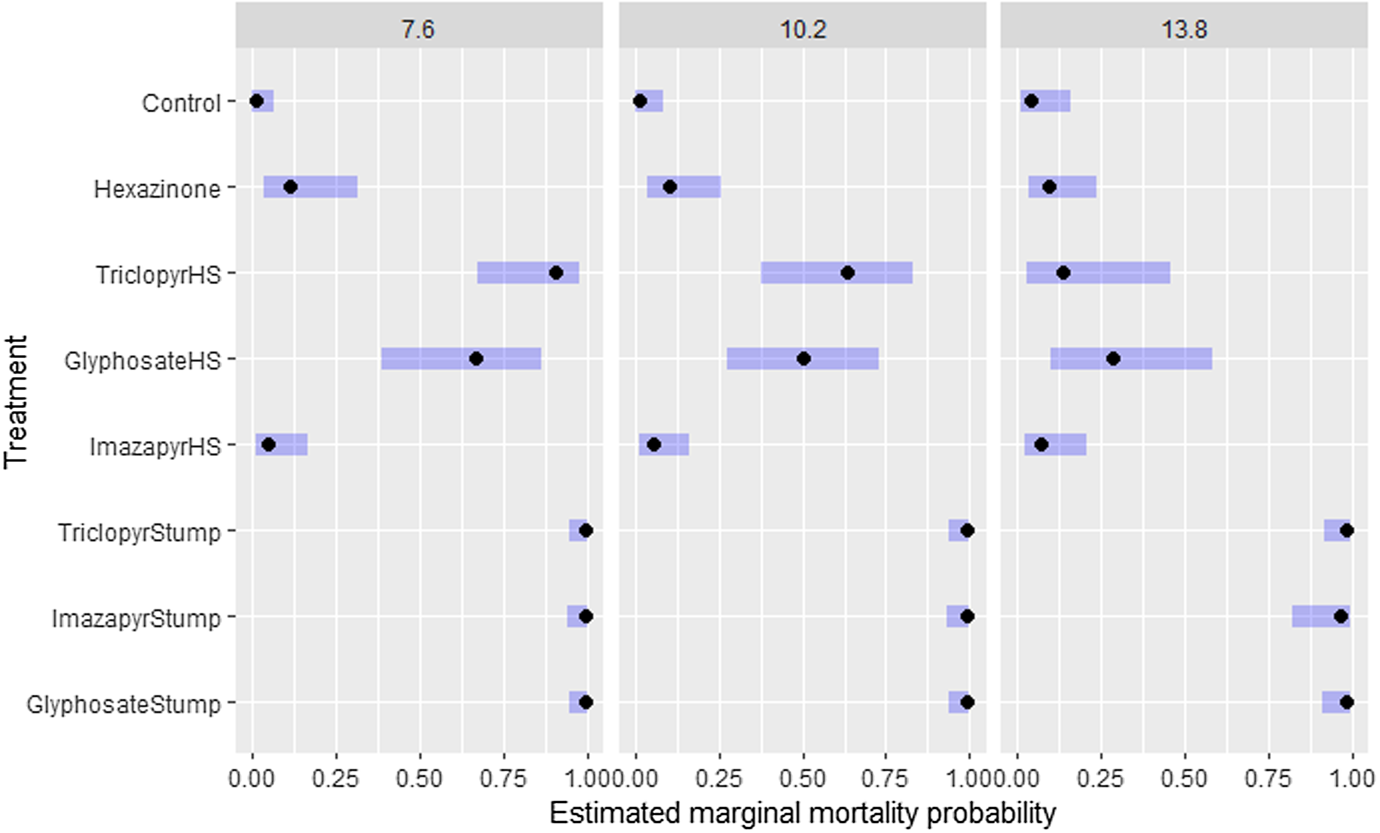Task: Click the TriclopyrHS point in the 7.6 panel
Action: (556, 273)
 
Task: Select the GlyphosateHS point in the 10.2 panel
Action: (803, 358)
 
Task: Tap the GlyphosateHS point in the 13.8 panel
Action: (1113, 358)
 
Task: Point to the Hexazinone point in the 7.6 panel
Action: (290, 187)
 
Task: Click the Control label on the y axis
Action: (181, 103)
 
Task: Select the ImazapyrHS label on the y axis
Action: (155, 447)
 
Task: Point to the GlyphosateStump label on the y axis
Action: (123, 704)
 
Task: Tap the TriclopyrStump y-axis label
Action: (139, 532)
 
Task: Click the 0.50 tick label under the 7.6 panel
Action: (419, 778)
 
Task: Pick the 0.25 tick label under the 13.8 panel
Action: (1100, 778)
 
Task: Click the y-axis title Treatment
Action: (16, 401)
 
